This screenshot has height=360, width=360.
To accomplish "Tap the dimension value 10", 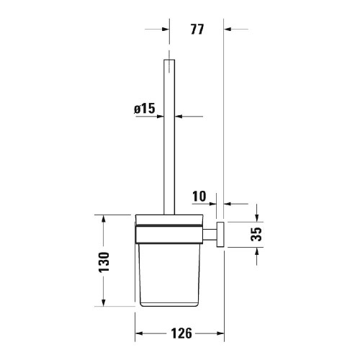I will point(199,196).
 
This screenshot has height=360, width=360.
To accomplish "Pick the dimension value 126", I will point(181,333).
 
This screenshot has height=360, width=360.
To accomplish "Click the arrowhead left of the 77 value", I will point(166,30).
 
